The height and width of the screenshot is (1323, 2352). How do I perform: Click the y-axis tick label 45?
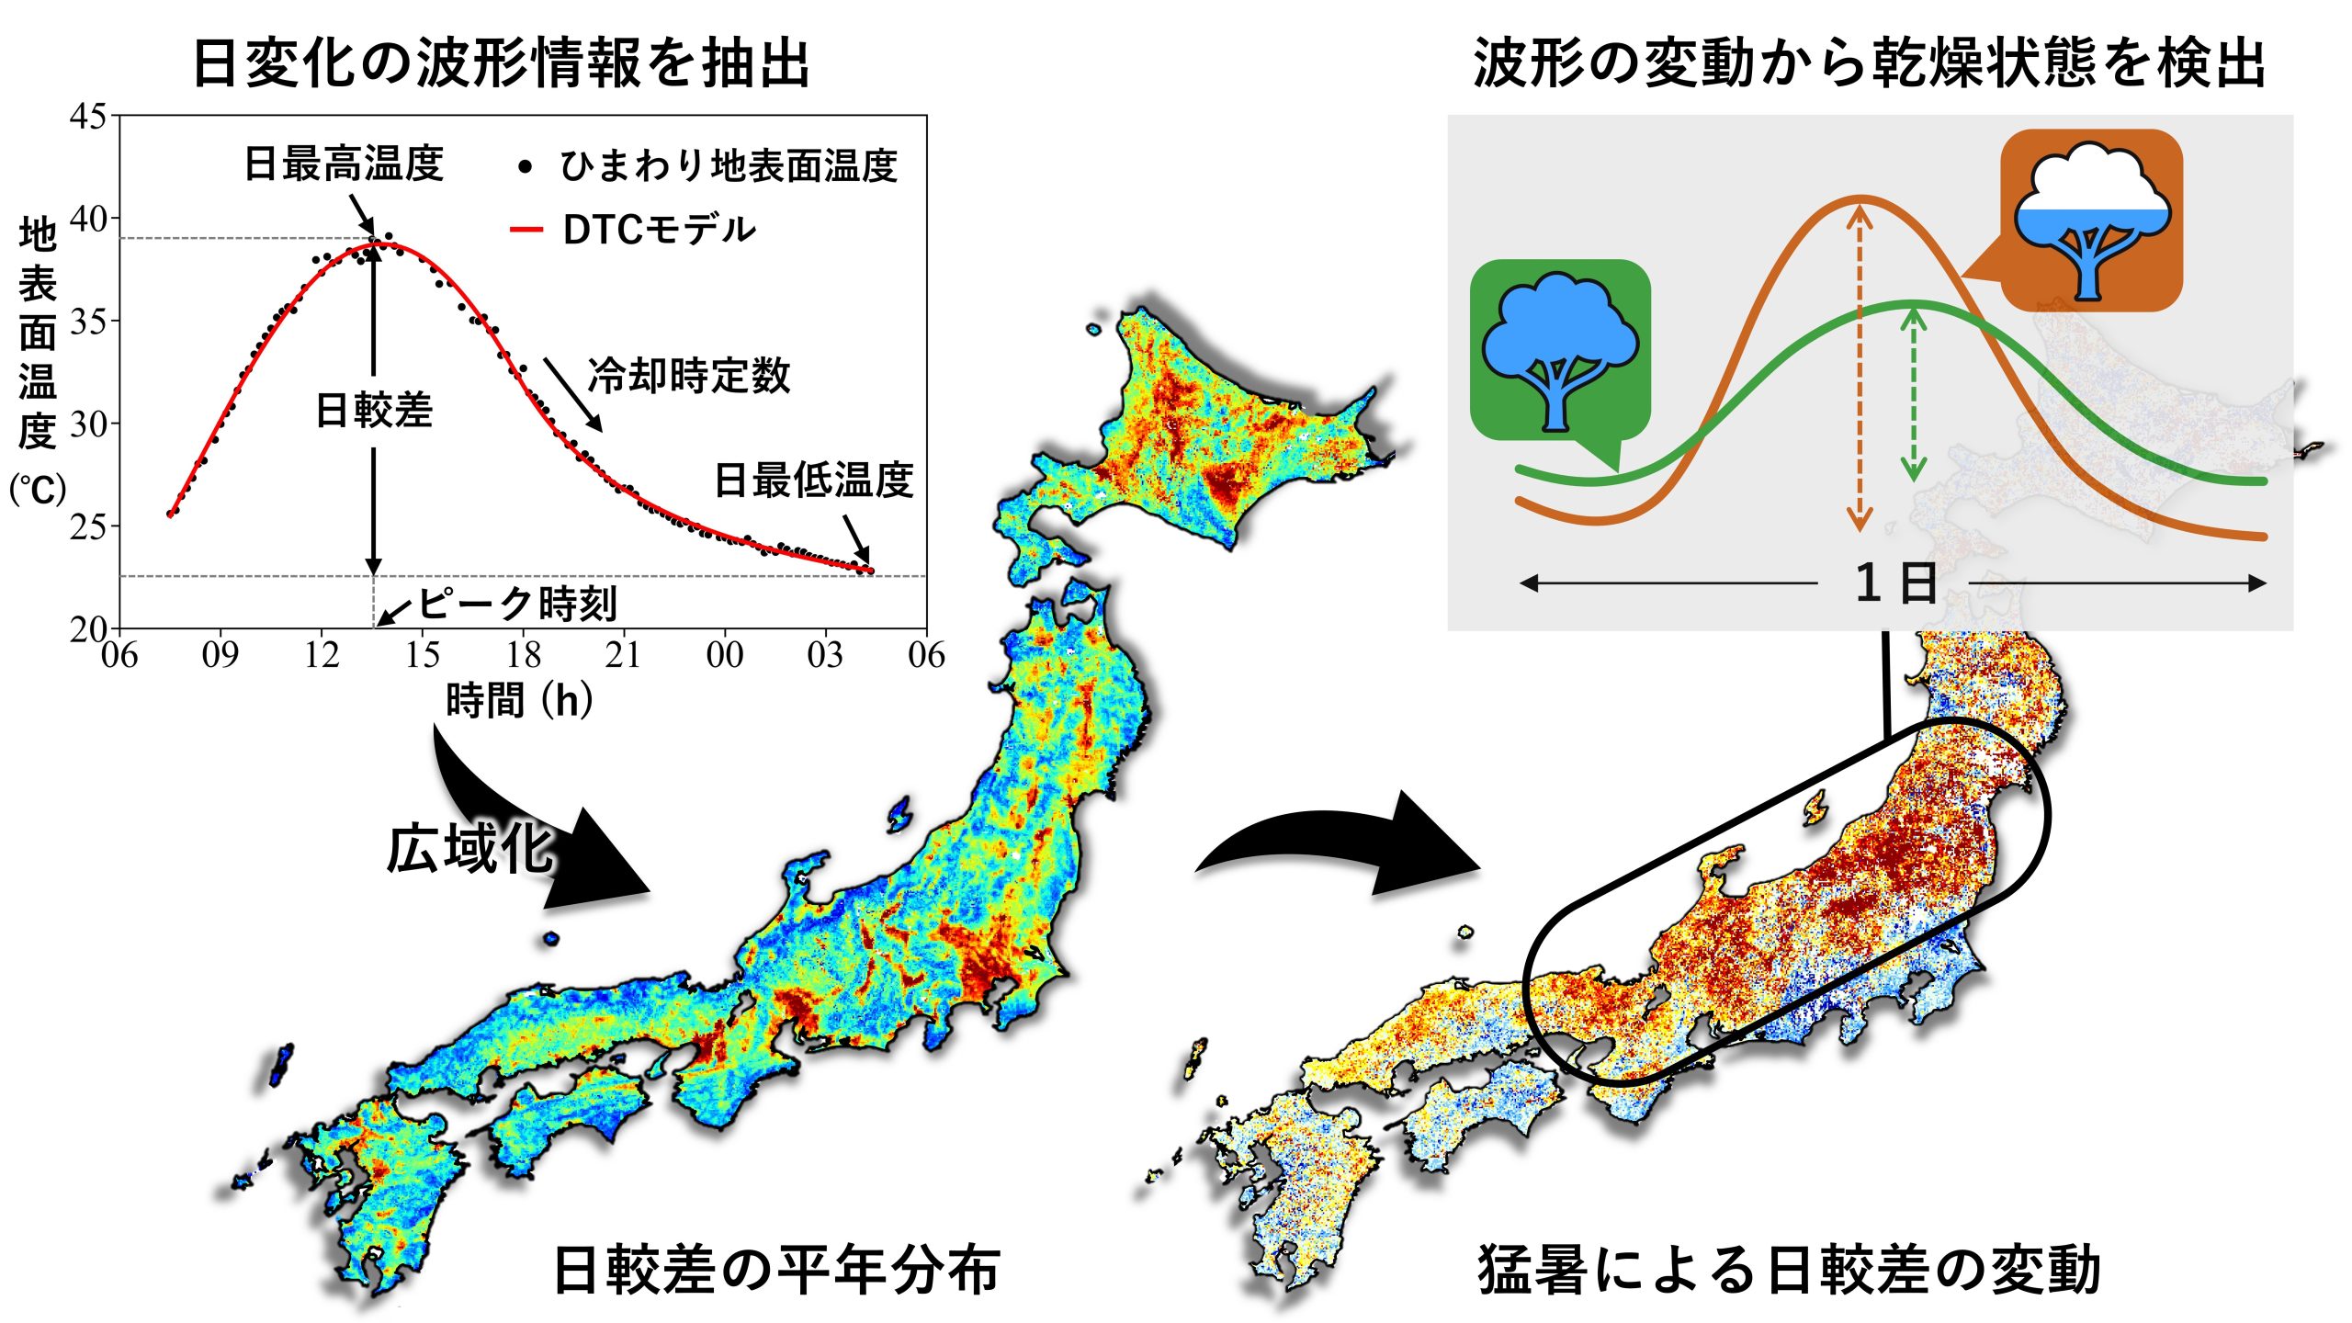click(87, 117)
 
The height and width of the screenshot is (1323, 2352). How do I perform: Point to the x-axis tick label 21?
click(623, 655)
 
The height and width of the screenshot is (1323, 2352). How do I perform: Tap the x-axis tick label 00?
click(724, 655)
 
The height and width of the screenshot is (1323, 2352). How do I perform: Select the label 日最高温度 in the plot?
click(344, 164)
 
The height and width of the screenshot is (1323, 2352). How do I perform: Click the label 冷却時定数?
click(689, 376)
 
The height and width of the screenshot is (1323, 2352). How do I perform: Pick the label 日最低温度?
click(814, 480)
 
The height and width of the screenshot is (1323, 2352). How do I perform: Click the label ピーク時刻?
click(517, 604)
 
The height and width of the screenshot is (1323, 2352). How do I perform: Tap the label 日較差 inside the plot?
click(374, 410)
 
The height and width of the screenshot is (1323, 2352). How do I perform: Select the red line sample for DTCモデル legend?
click(526, 230)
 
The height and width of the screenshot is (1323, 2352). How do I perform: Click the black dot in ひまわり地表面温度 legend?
click(526, 167)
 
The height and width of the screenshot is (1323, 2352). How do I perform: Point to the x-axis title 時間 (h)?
click(519, 701)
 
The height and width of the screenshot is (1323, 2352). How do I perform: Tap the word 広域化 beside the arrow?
click(469, 849)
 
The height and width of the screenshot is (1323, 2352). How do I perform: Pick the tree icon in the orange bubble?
click(2092, 220)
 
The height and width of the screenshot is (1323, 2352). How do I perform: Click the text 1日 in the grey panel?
click(1895, 583)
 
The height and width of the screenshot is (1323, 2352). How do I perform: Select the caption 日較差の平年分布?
click(776, 1270)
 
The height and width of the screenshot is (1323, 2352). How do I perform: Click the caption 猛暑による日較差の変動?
click(1789, 1270)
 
